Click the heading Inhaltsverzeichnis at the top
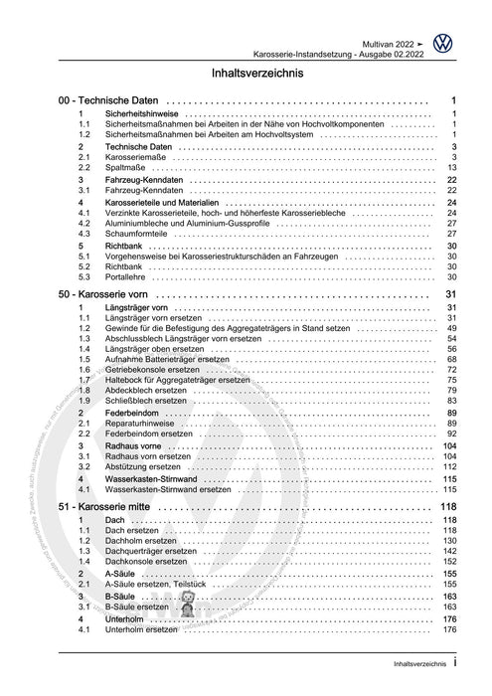(246, 74)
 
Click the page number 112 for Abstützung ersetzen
(449, 466)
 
